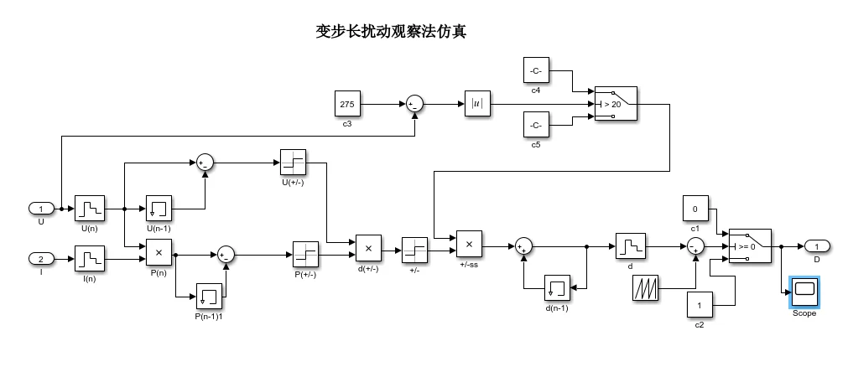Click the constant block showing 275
click(346, 104)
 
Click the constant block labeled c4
click(536, 70)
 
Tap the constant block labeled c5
click(536, 126)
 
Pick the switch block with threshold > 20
click(615, 104)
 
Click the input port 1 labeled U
click(41, 208)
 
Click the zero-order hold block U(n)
click(88, 208)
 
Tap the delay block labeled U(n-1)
click(159, 208)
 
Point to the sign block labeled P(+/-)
click(305, 253)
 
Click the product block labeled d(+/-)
click(368, 248)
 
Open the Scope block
click(804, 291)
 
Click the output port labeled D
click(816, 246)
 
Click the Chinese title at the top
click(391, 32)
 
